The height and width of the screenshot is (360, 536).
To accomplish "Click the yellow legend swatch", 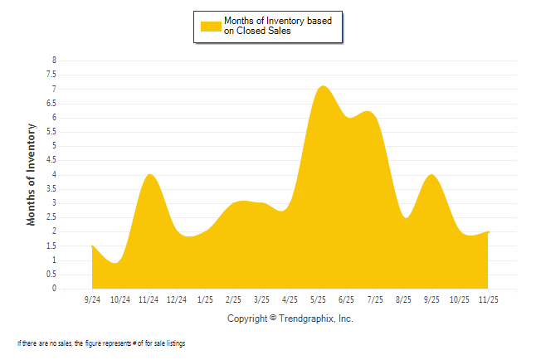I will [x=211, y=26].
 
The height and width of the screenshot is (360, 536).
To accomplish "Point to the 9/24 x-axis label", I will [x=92, y=299].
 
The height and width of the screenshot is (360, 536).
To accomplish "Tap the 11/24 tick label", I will [x=149, y=299].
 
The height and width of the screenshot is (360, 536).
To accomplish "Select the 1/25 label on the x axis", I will [x=206, y=299].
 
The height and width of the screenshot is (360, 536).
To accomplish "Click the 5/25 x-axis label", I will [x=319, y=299].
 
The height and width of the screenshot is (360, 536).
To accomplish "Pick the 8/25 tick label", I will [x=404, y=299].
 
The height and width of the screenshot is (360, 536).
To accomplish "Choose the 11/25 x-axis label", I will [x=489, y=299].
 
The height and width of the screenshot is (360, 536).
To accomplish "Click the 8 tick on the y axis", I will [x=55, y=61].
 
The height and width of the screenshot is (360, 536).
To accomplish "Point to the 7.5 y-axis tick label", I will [x=52, y=75].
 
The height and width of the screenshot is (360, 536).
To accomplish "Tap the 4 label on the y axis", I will [x=55, y=175].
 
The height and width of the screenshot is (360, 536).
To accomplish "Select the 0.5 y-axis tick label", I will [x=52, y=275].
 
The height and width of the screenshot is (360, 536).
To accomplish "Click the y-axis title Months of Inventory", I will [x=32, y=174].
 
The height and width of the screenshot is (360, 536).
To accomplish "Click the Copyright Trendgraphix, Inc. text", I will [x=290, y=319].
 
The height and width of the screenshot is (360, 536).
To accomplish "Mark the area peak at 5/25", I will [x=323, y=86].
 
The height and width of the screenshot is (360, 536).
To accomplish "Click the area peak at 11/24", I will [x=149, y=174].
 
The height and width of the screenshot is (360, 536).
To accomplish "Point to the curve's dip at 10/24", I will [x=116, y=263].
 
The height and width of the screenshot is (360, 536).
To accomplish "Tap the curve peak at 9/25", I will [x=431, y=175].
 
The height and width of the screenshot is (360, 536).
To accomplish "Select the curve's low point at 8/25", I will [x=405, y=217].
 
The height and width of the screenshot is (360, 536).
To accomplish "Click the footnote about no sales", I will [x=100, y=343].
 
